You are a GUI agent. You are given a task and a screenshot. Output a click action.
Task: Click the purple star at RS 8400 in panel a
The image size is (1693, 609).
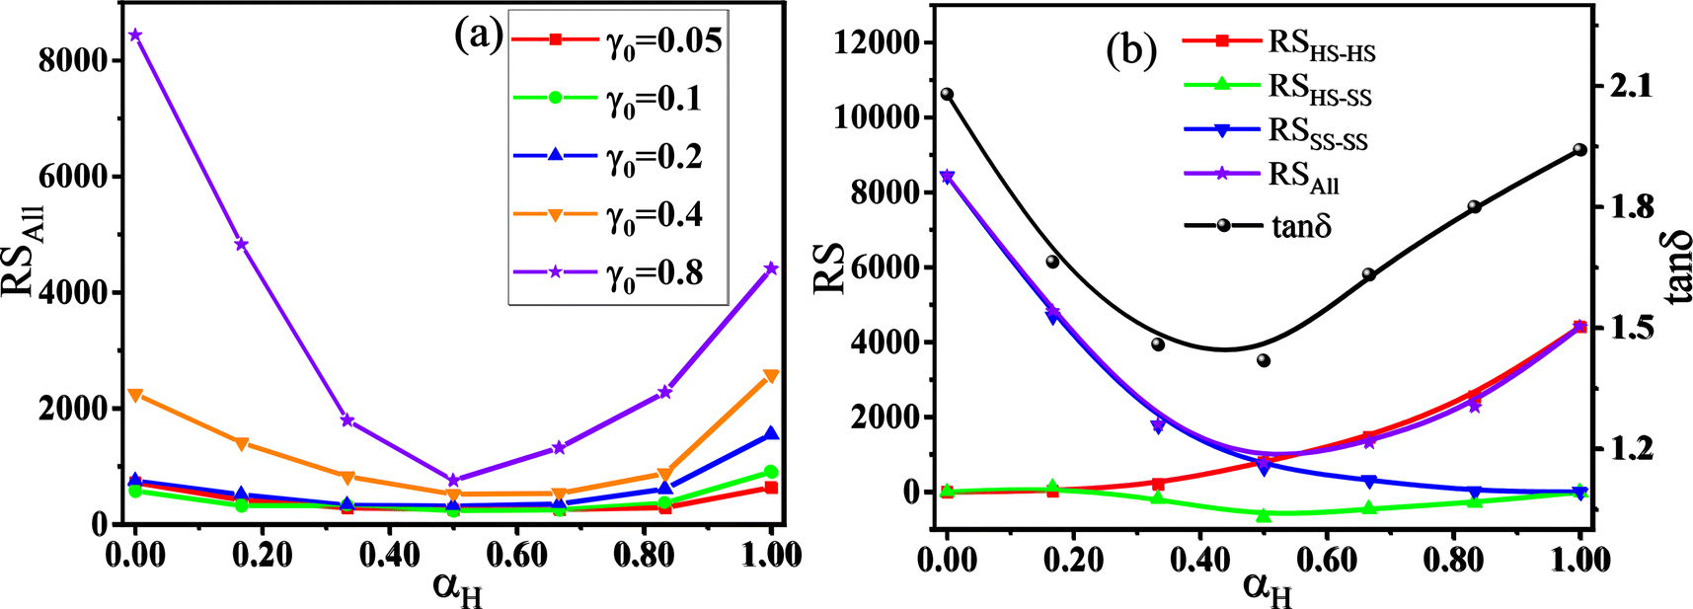point(136,35)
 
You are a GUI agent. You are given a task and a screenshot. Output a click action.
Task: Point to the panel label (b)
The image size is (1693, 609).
point(1131,51)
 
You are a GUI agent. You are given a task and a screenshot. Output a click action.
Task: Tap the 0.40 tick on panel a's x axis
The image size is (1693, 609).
point(390,555)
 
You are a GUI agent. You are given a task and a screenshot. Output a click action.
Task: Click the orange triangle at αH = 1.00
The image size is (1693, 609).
point(771,376)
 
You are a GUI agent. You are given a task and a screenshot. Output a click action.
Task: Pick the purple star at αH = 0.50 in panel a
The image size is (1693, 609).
point(453,480)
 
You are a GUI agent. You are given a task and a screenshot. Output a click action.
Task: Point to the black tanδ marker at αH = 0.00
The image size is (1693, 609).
point(948,95)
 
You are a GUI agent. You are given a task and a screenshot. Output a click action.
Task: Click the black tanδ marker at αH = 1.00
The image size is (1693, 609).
point(1579,150)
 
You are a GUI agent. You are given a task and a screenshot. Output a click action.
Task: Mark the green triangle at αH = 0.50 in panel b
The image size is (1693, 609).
point(1264,514)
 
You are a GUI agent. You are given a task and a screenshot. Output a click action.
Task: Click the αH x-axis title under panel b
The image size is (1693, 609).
point(1267,589)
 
